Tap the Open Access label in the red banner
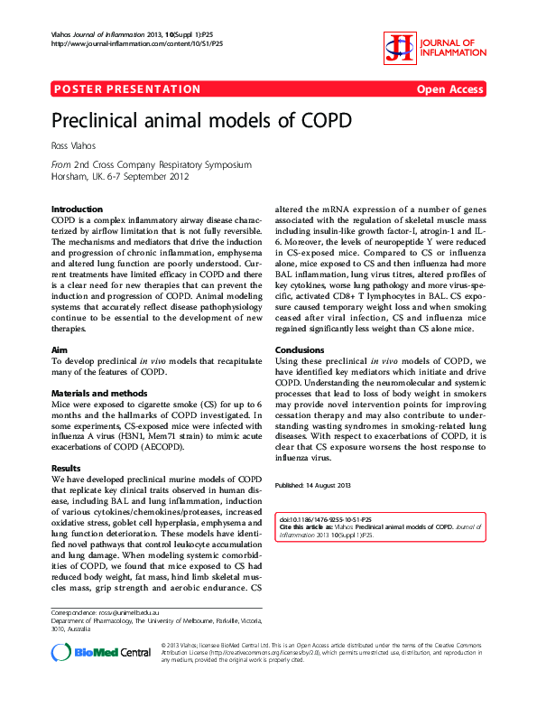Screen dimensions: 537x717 449,89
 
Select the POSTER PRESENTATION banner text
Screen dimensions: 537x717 127,89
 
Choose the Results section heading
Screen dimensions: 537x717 67,469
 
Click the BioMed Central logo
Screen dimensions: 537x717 101,652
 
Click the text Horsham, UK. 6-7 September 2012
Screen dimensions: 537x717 120,177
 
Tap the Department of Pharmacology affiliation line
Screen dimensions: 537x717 155,621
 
